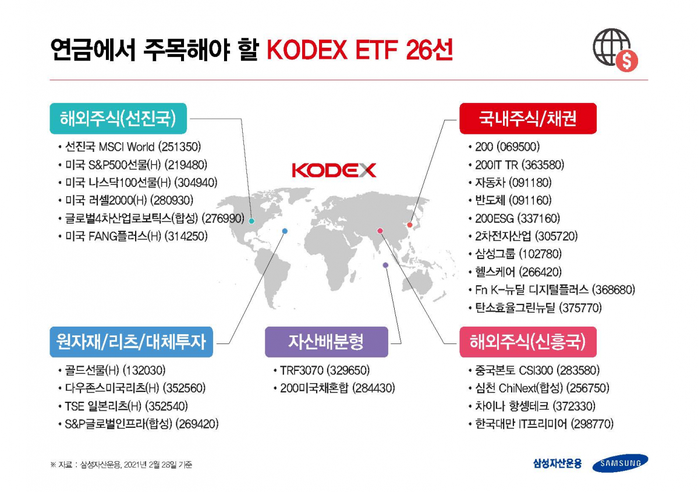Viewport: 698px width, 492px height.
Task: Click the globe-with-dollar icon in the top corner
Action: click(615, 50)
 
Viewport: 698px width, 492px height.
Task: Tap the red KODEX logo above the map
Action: click(334, 170)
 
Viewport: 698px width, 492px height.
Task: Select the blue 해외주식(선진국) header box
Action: click(118, 119)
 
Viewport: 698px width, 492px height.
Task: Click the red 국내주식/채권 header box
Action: click(527, 119)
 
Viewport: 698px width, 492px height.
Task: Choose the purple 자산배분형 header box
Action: click(326, 342)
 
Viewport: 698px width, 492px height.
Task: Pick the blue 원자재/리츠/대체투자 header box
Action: click(131, 342)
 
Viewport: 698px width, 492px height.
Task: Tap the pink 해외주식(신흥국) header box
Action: click(527, 342)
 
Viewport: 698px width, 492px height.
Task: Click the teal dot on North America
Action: click(251, 221)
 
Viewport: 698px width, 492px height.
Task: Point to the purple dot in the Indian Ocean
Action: click(385, 266)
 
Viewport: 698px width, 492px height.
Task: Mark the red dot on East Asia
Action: click(409, 225)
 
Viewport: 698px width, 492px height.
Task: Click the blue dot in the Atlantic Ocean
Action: click(285, 231)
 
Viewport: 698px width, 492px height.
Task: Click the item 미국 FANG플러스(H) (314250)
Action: click(137, 236)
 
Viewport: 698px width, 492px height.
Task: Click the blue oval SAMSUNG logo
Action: click(620, 463)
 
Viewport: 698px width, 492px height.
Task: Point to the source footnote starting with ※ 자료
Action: click(121, 465)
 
